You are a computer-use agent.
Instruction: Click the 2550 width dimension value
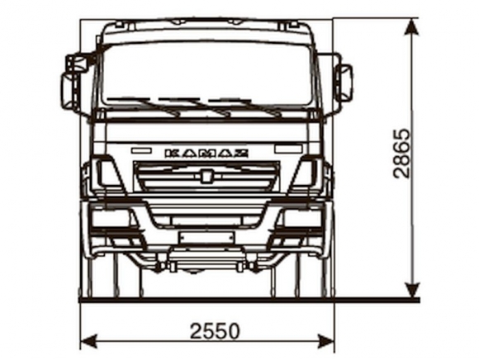pyautogui.click(x=215, y=330)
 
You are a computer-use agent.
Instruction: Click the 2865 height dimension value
pyautogui.click(x=401, y=154)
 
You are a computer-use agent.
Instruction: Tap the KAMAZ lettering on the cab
pyautogui.click(x=206, y=154)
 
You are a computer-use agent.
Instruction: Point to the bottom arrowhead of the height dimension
pyautogui.click(x=412, y=288)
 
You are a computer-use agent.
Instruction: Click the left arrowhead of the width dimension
pyautogui.click(x=90, y=341)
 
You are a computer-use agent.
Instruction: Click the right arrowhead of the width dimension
pyautogui.click(x=325, y=341)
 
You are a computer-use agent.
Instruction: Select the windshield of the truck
pyautogui.click(x=206, y=75)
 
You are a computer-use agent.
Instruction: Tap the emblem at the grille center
pyautogui.click(x=206, y=176)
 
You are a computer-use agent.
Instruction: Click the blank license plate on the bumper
pyautogui.click(x=206, y=238)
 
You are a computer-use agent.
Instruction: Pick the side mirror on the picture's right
pyautogui.click(x=344, y=83)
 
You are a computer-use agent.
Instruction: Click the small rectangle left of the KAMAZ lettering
pyautogui.click(x=141, y=150)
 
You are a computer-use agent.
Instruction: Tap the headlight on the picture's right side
pyautogui.click(x=302, y=218)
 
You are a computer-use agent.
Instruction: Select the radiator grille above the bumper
pyautogui.click(x=206, y=177)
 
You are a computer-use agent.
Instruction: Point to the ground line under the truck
pyautogui.click(x=249, y=301)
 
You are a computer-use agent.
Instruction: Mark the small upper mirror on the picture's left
pyautogui.click(x=78, y=64)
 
